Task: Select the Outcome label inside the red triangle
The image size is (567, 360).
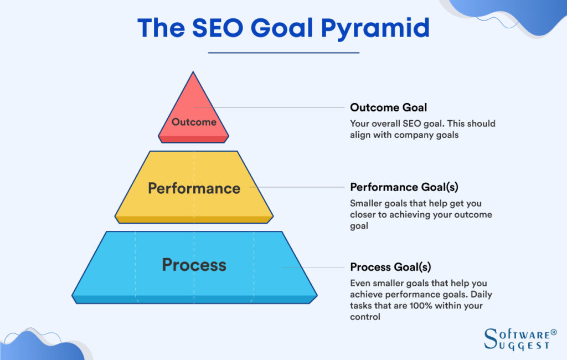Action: click(x=194, y=122)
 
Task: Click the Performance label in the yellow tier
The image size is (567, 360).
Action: click(x=194, y=188)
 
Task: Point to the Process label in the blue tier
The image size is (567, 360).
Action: click(x=194, y=265)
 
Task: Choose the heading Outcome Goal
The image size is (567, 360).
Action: click(x=388, y=107)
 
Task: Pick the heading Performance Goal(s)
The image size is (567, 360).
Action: click(x=404, y=187)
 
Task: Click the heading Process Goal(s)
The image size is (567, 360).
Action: click(x=390, y=267)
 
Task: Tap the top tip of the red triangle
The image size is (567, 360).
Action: click(x=193, y=73)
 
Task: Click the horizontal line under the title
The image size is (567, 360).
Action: click(x=283, y=53)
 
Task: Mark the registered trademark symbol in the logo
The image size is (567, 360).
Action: click(x=553, y=332)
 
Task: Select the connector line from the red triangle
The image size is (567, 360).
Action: click(x=277, y=107)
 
